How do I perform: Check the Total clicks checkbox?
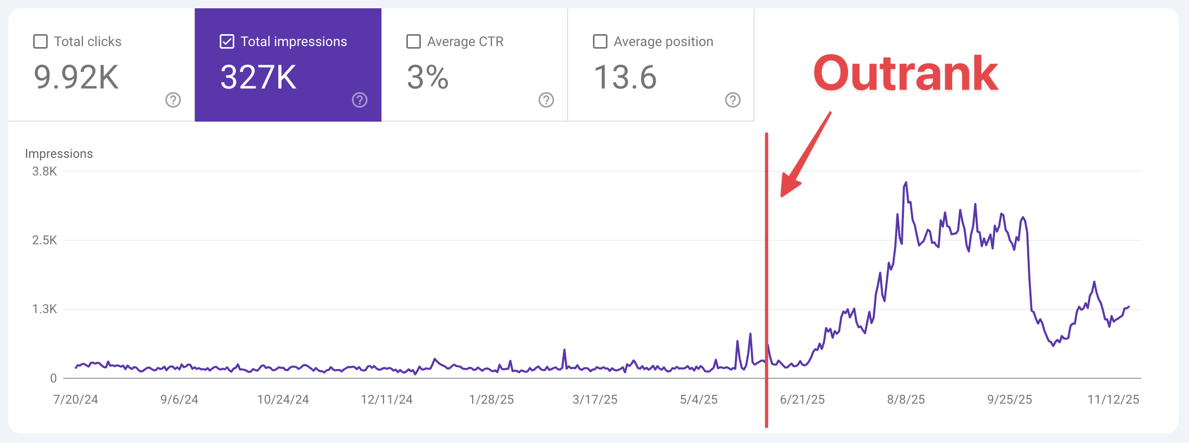tap(40, 41)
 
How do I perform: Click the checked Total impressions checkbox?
tap(227, 41)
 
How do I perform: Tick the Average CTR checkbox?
tap(414, 41)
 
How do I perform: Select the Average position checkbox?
tap(600, 41)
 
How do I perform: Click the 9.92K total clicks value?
tap(76, 78)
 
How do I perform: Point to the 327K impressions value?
tap(258, 78)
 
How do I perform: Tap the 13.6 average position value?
tap(625, 78)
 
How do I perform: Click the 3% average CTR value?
tap(427, 78)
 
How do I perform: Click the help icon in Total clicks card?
tap(173, 100)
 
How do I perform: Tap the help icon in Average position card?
tap(733, 100)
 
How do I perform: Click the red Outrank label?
tap(905, 73)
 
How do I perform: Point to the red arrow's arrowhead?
tap(788, 187)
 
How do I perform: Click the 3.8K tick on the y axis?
tap(45, 171)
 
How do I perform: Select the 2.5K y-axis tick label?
tap(45, 240)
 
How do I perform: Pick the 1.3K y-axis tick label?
tap(45, 309)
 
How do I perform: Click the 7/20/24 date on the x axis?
tap(76, 400)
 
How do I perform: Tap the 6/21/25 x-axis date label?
tap(802, 400)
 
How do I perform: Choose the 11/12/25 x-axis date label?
tap(1113, 400)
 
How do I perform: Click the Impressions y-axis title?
tap(59, 154)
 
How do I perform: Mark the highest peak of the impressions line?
tap(906, 182)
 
